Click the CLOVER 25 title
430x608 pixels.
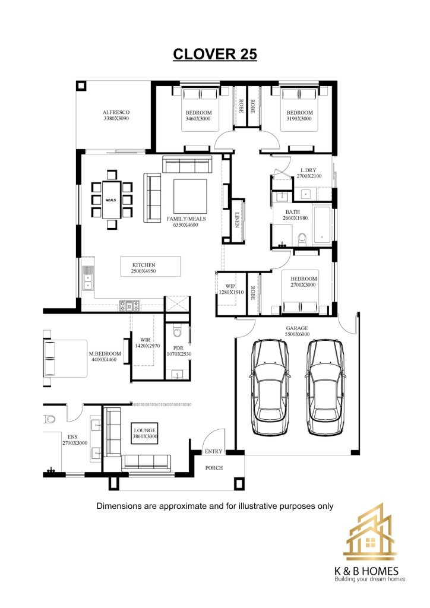tap(215, 54)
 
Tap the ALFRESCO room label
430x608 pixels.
tap(116, 112)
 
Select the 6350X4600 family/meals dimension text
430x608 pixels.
tap(186, 225)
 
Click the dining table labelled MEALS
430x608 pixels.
tap(111, 200)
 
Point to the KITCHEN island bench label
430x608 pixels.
tap(144, 265)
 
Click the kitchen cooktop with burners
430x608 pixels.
tap(129, 306)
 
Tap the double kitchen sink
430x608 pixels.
tap(88, 278)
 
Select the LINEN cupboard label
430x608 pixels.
tap(238, 220)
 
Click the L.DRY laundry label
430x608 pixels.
tap(309, 170)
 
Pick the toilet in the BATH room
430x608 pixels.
tap(302, 239)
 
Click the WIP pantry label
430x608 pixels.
tap(230, 287)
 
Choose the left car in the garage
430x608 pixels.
tap(270, 387)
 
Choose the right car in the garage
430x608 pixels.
tap(325, 387)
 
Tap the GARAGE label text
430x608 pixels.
tap(297, 328)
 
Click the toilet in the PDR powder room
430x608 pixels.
tap(177, 331)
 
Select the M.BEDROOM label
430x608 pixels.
tap(105, 354)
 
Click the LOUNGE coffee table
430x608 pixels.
tap(145, 433)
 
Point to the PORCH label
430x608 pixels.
tap(214, 468)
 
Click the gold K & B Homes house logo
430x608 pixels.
tap(369, 532)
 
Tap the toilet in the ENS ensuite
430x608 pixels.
tap(50, 419)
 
